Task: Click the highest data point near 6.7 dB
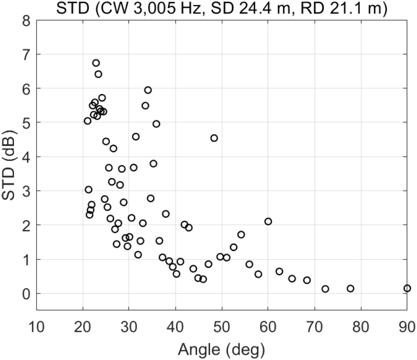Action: (96, 63)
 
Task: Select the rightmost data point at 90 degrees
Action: (407, 288)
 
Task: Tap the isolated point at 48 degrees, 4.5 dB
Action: (214, 138)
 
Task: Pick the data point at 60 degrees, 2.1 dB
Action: (268, 221)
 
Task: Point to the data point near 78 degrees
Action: (351, 288)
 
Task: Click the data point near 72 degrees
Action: (325, 289)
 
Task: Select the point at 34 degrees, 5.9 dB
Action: (148, 90)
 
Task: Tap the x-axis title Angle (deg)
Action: (222, 349)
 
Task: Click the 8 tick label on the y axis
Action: (27, 20)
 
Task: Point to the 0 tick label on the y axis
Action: (27, 294)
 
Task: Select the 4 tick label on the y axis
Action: (27, 157)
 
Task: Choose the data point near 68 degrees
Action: (307, 280)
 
